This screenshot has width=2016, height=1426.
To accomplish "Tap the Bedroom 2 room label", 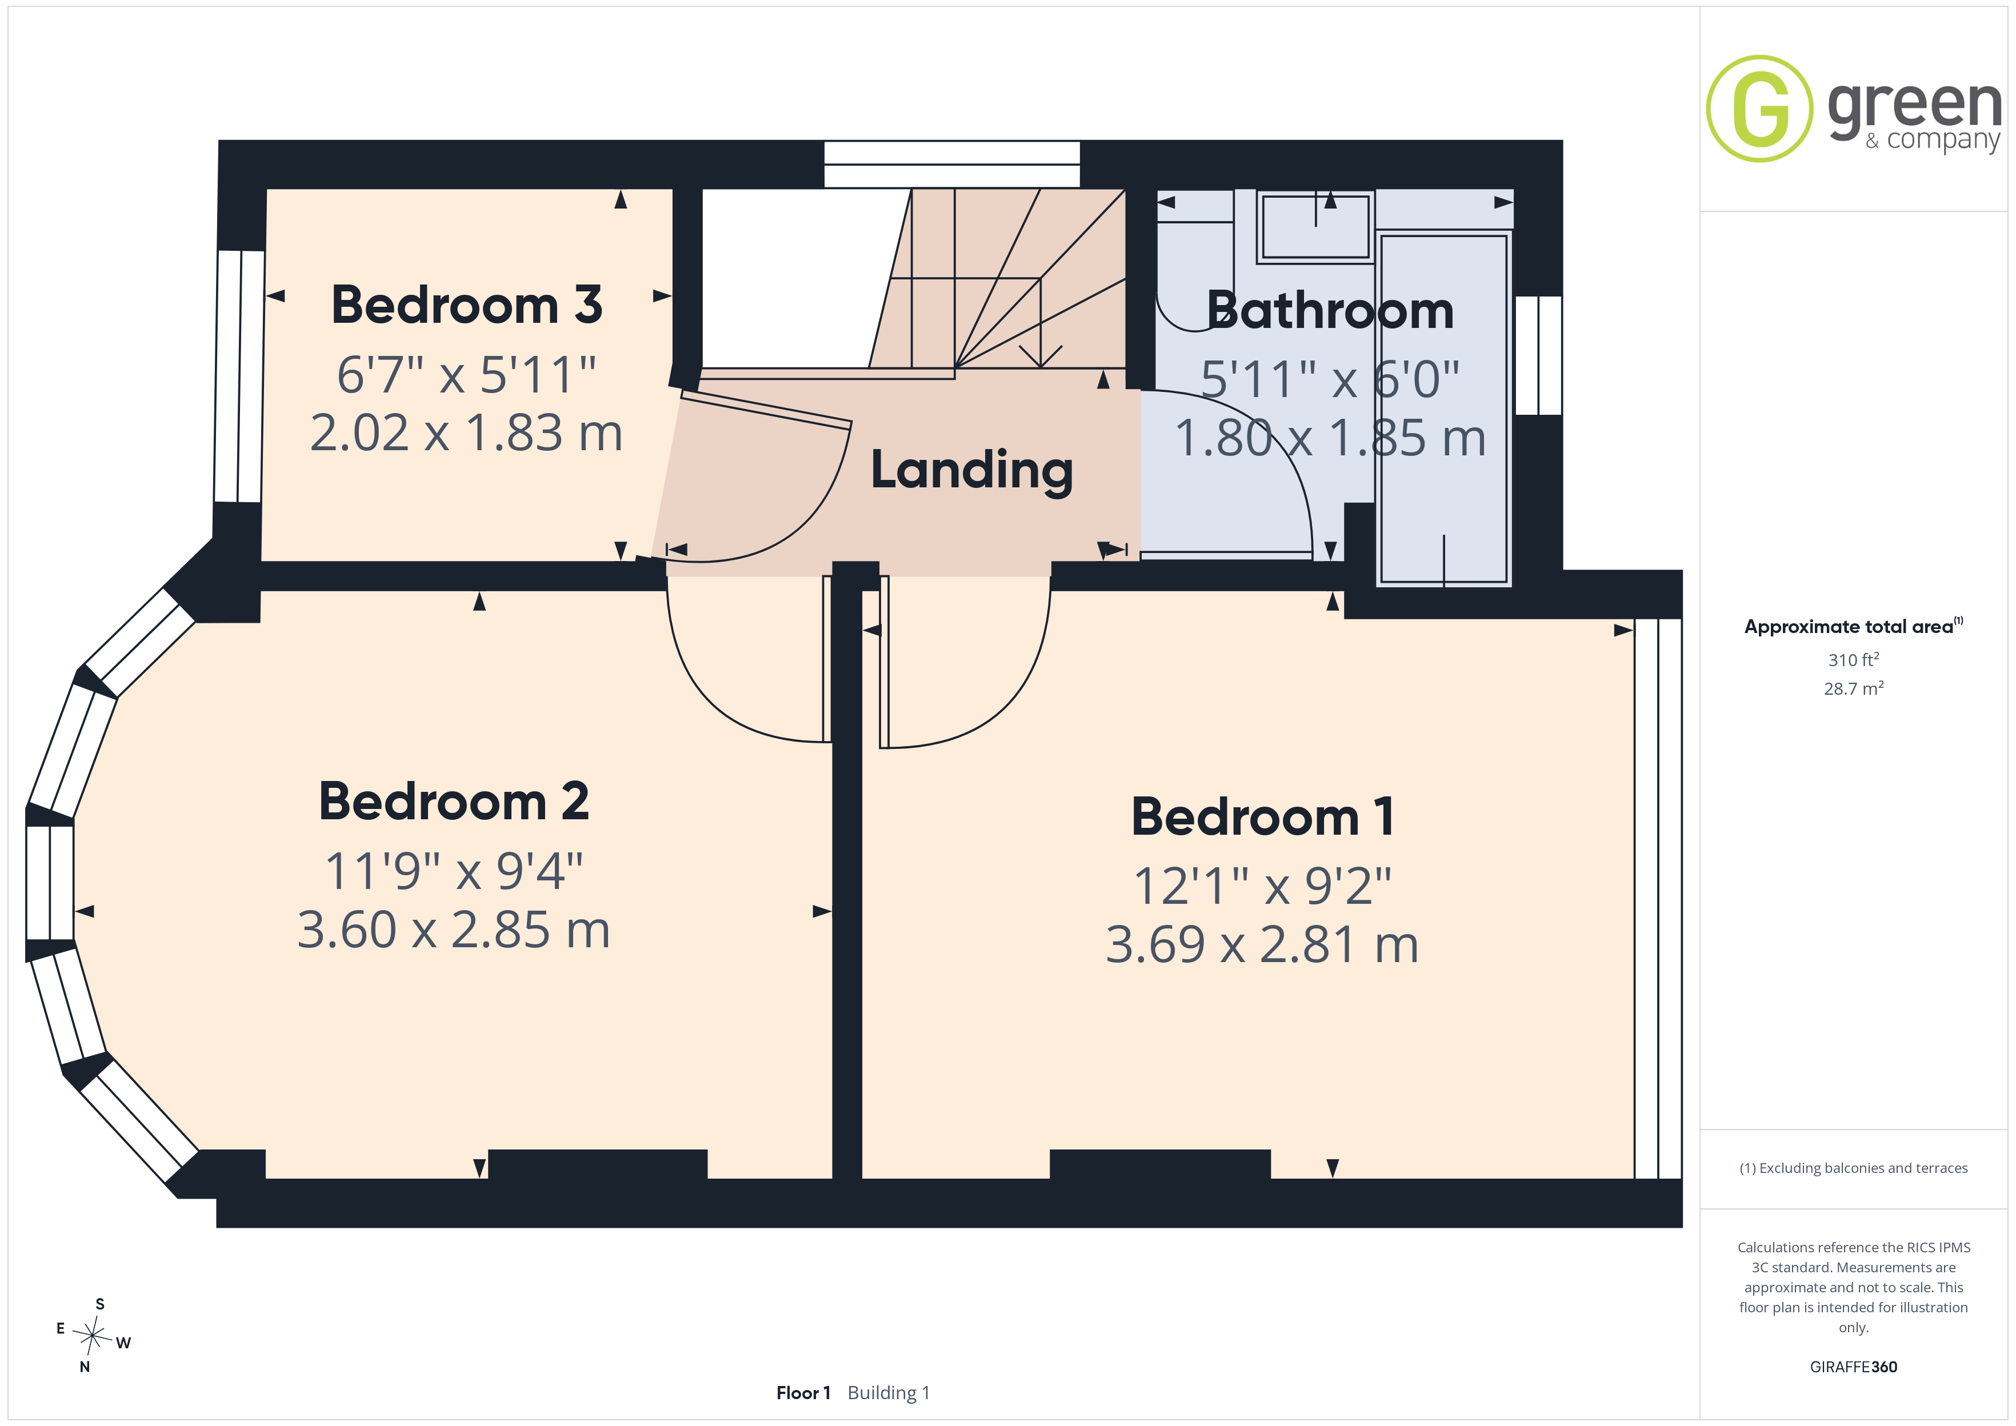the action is pos(453,801).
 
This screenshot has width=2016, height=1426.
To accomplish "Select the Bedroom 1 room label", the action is pos(1262,816).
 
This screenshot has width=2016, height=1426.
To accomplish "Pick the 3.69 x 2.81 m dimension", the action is pos(1262,945).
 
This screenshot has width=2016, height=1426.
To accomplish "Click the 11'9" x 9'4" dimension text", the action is pos(453,871).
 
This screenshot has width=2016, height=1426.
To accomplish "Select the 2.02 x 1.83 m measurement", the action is pos(466,433).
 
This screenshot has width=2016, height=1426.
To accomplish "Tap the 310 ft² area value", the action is pos(1854,659).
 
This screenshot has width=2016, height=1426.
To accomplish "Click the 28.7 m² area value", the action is pos(1854,688).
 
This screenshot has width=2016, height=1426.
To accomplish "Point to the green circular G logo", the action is pos(1759,109).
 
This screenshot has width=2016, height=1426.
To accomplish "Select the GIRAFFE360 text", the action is pos(1854,1367).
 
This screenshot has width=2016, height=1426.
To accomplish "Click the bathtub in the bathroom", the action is pos(1443,409).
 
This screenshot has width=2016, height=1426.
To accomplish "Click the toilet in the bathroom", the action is pos(1195,277).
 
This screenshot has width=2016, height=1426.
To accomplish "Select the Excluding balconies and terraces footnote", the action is pos(1854,1168).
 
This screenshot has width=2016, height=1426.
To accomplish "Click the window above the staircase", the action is pos(952,164).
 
